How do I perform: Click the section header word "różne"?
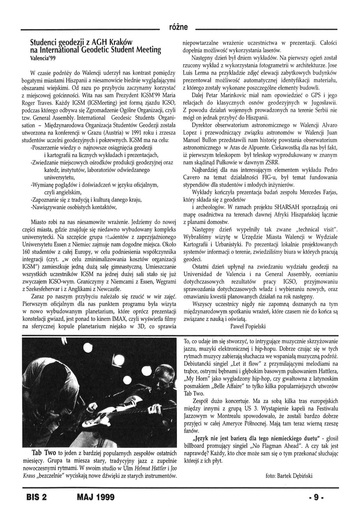click(x=179, y=27)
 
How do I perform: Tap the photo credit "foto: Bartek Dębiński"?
click(x=288, y=475)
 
